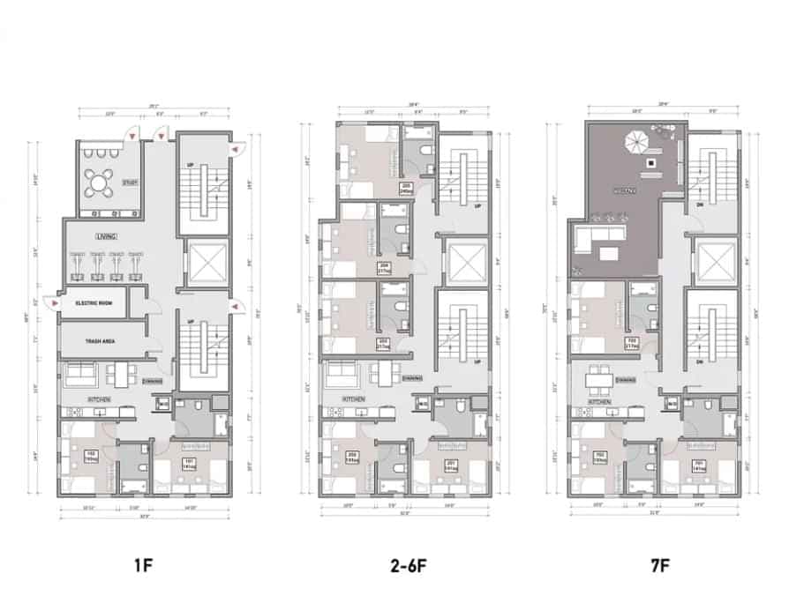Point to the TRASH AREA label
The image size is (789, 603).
[97, 340]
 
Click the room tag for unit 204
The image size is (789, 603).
[385, 267]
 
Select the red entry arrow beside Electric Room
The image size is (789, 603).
[56, 302]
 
